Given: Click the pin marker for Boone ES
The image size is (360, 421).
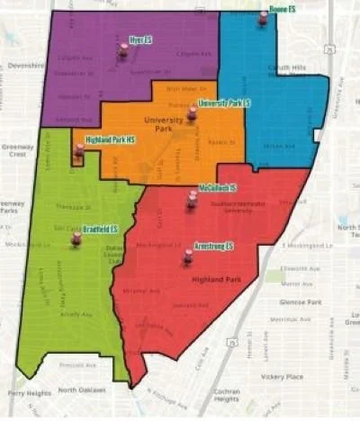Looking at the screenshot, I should [x=263, y=18].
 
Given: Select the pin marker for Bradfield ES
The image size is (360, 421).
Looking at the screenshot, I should [x=76, y=238].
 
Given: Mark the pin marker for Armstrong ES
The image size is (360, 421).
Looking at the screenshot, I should [x=188, y=257].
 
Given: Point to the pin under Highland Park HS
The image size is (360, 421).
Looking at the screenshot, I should [x=79, y=151].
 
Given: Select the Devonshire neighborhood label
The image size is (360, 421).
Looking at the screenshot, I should [x=25, y=66].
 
